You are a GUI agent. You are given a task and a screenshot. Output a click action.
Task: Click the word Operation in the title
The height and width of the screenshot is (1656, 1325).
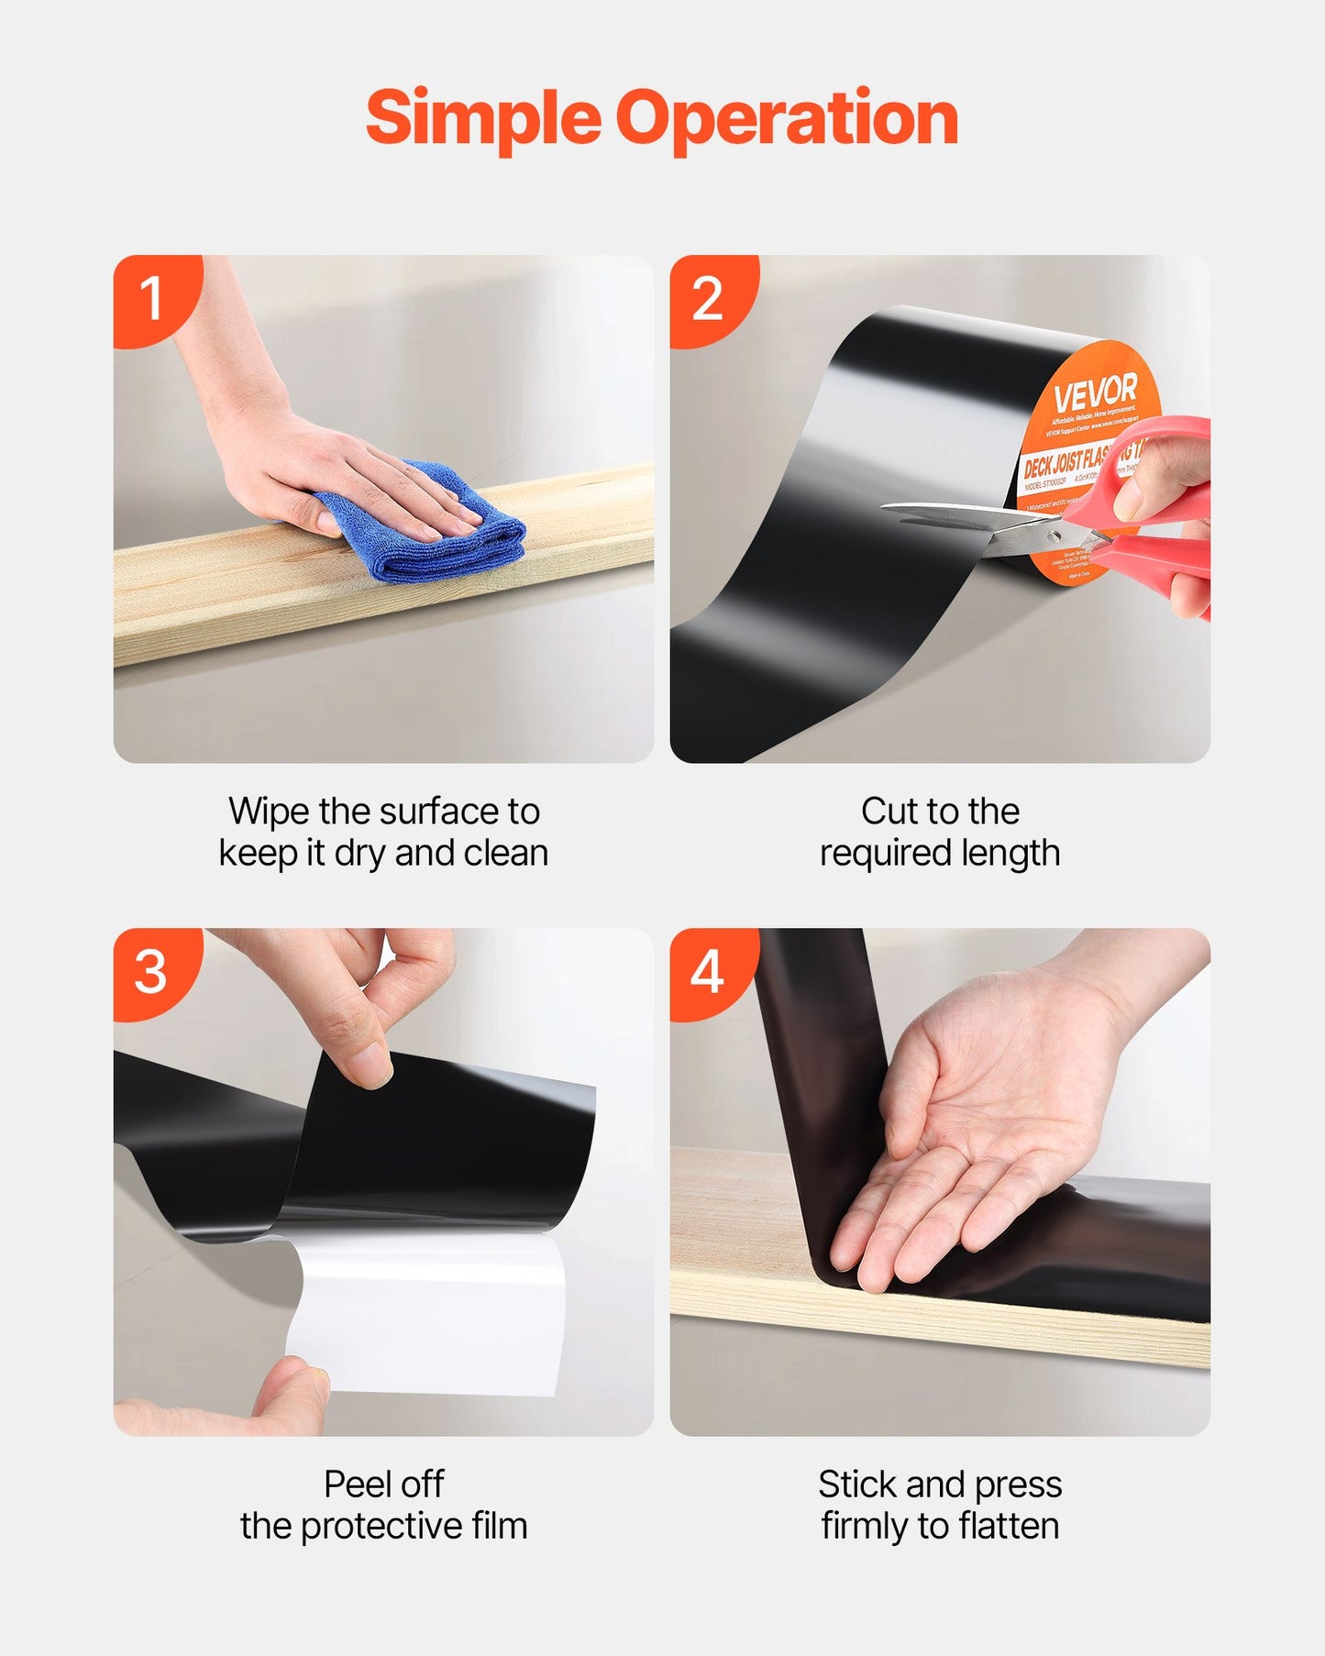click(787, 119)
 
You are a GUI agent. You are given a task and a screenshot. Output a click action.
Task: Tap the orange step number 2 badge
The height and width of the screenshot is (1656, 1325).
click(708, 298)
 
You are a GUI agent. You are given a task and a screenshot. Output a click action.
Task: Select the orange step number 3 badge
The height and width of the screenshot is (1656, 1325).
click(151, 971)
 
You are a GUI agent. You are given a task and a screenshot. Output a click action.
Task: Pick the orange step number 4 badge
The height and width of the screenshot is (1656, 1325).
click(707, 971)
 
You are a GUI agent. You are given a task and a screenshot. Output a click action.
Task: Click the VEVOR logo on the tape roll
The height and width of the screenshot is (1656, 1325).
click(1095, 394)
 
